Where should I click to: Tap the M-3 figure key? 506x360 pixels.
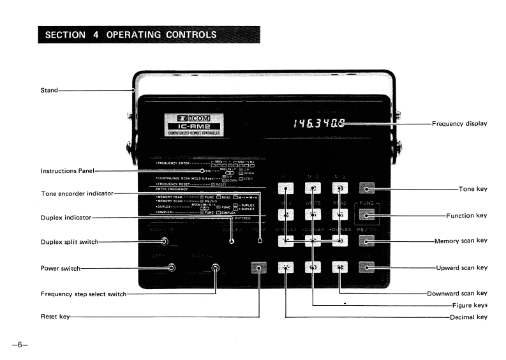click(x=339, y=188)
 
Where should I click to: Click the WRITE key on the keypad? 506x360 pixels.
click(x=313, y=215)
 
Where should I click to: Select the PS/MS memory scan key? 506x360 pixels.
click(x=367, y=241)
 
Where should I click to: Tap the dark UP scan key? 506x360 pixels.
click(x=367, y=267)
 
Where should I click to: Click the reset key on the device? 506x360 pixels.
click(x=258, y=267)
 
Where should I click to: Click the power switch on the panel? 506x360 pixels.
click(x=172, y=267)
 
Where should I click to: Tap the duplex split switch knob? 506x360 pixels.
click(x=165, y=241)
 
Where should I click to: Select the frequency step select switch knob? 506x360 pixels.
click(x=216, y=267)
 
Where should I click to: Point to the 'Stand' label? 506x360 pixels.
click(x=48, y=90)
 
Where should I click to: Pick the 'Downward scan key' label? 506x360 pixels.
click(x=458, y=293)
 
